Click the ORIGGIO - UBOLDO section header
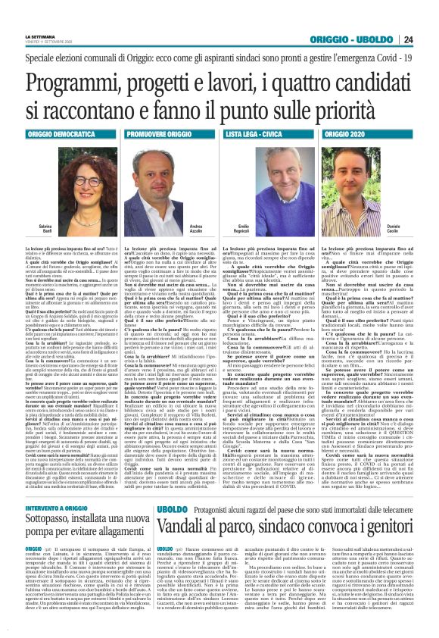point(363,39)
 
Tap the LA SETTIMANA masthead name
point(41,36)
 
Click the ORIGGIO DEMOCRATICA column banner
point(60,133)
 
